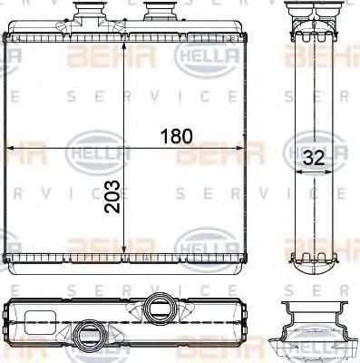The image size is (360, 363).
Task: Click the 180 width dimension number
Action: click(x=178, y=137)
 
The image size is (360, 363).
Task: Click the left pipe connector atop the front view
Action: click(x=92, y=15)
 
